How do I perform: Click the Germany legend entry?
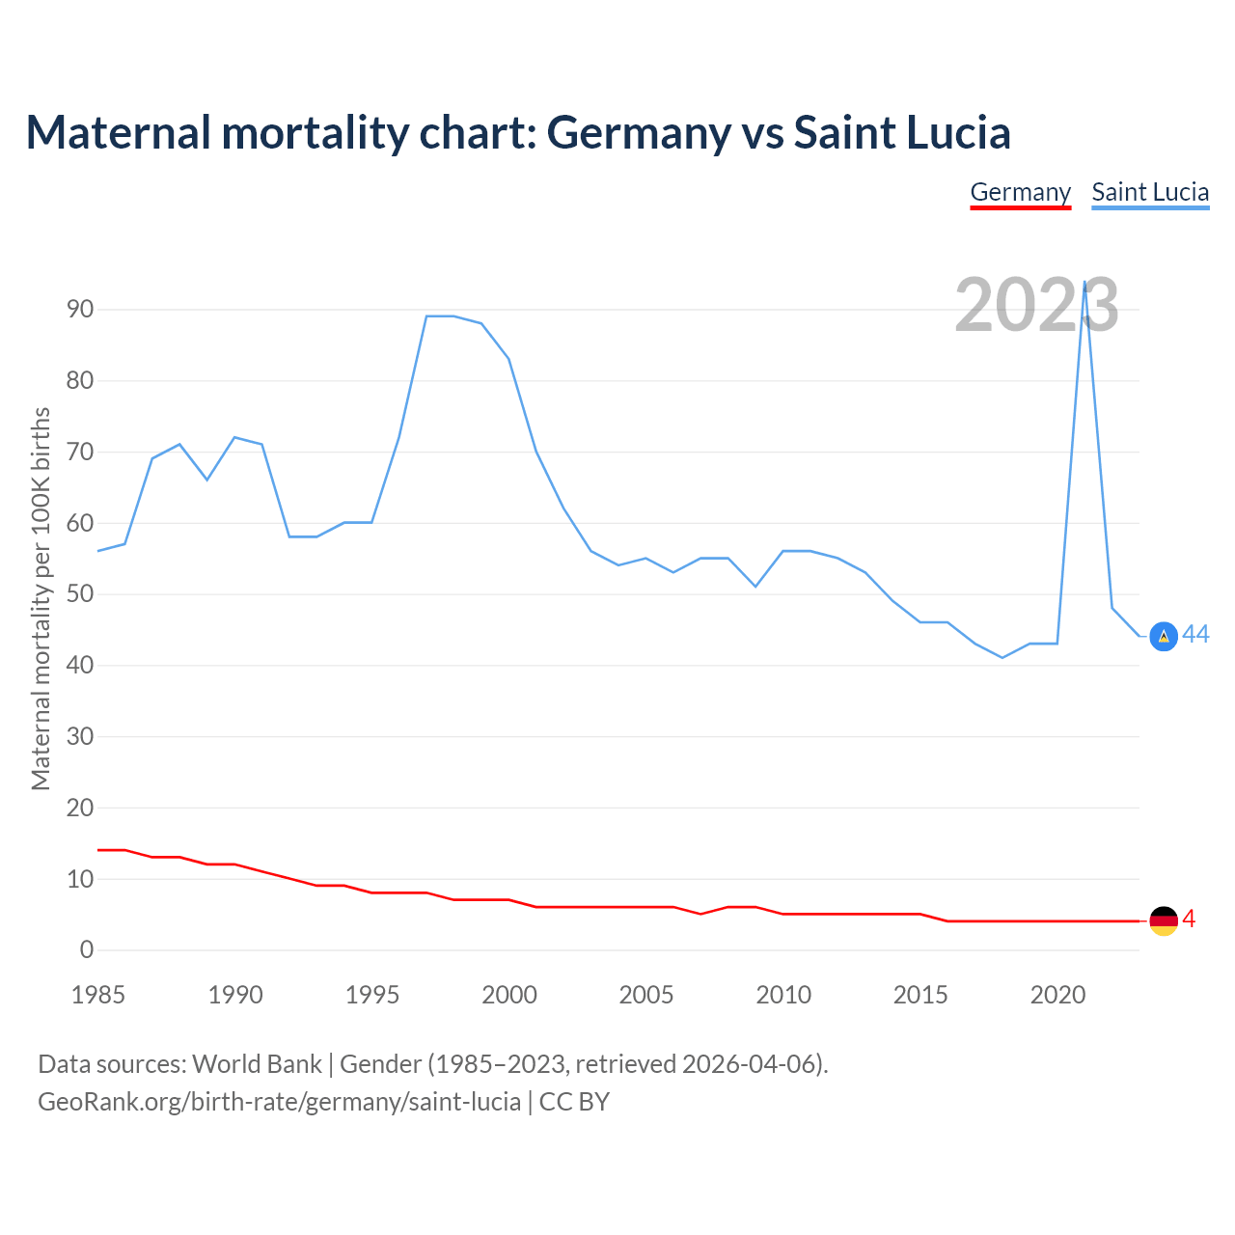1020,192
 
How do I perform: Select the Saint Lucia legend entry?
1150,192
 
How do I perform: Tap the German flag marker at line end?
1164,920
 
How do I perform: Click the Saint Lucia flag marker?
1164,636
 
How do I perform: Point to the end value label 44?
1195,634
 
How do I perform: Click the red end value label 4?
1189,919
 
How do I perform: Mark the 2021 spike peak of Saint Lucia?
1084,283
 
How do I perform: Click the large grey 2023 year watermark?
1036,305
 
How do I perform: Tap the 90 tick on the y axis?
80,310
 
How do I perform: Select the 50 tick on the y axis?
80,594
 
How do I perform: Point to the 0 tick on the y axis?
87,949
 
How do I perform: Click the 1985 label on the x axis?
98,995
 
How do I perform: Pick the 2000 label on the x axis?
509,995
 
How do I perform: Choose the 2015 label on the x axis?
920,995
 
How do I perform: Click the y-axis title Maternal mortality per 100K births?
41,598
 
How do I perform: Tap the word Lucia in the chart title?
955,132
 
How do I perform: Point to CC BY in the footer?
574,1101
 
